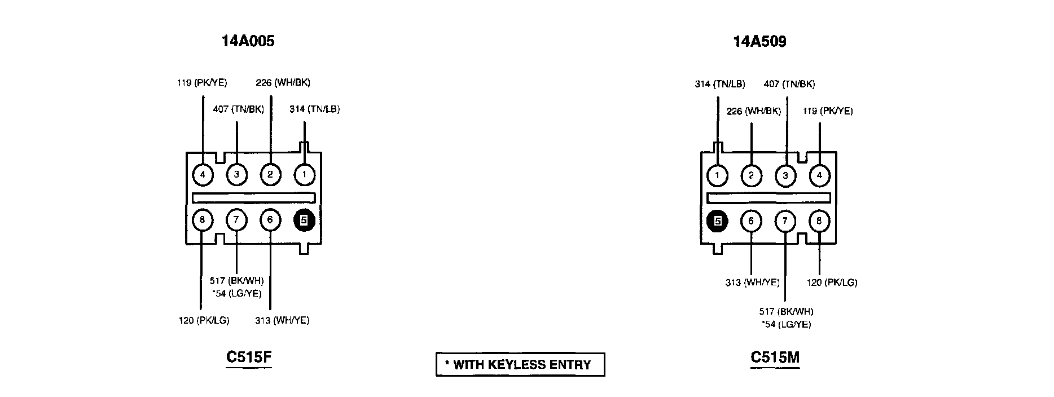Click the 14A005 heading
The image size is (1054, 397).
(248, 41)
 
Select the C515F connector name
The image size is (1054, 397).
(249, 357)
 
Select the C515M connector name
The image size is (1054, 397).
(775, 357)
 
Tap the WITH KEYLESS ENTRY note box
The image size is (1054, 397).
(520, 364)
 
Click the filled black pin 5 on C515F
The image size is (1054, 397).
(304, 220)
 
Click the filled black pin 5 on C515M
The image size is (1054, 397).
(717, 221)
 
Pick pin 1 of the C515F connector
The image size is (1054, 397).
(304, 174)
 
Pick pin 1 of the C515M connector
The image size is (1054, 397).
(717, 175)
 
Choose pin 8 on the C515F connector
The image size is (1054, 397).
(203, 220)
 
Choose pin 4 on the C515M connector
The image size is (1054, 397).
(819, 175)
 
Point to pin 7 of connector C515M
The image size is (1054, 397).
(785, 221)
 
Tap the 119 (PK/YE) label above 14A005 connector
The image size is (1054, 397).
(202, 83)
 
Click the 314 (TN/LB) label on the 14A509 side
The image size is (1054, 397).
(719, 85)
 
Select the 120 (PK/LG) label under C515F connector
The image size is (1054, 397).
(204, 320)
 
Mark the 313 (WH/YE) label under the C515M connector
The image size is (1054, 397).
(752, 283)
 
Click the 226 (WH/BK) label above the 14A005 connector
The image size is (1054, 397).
(283, 83)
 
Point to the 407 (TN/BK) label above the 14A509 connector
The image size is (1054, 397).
(789, 85)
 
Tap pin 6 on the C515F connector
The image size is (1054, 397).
(270, 220)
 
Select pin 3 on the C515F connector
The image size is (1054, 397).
(236, 174)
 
